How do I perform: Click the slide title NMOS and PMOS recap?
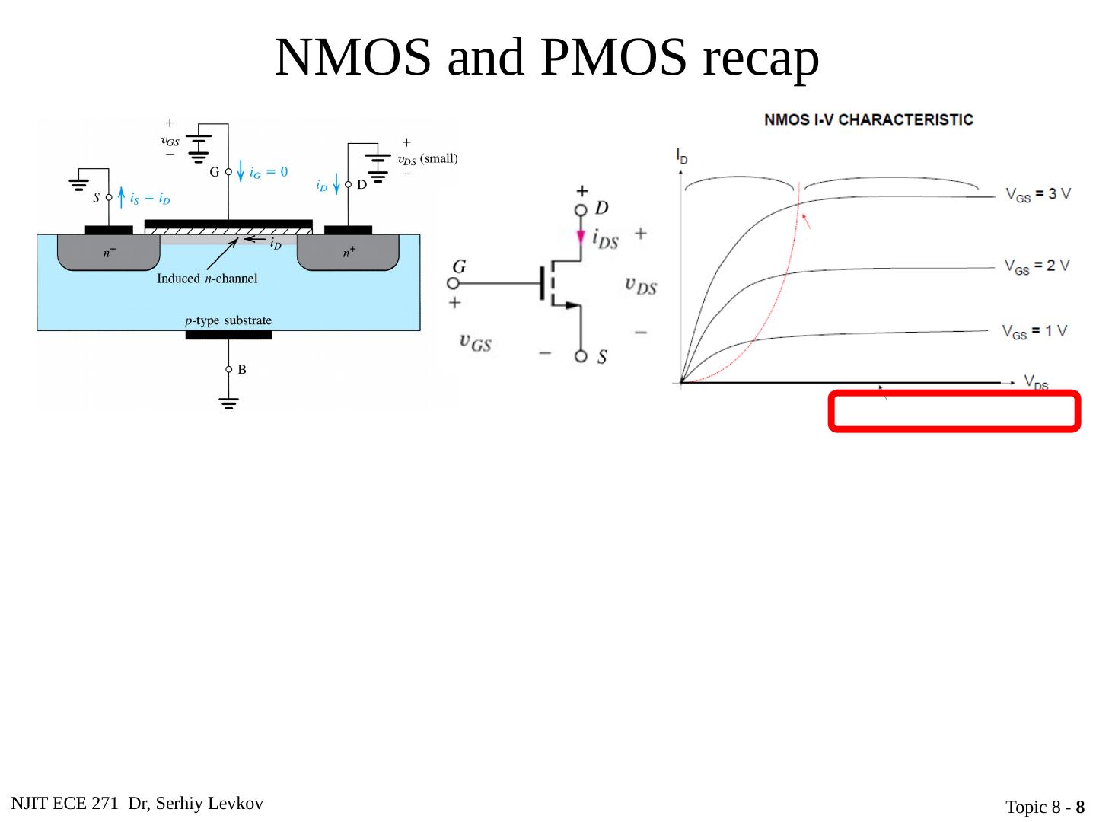[x=546, y=57]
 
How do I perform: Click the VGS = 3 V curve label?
[x=1037, y=194]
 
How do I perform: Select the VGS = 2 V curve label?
[x=1036, y=266]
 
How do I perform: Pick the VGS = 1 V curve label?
[x=1034, y=331]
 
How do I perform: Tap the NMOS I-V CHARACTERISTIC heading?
[x=868, y=119]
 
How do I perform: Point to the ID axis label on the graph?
[x=681, y=157]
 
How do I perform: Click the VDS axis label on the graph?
[x=1036, y=382]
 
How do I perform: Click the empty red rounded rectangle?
[x=954, y=411]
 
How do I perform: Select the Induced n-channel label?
[x=207, y=279]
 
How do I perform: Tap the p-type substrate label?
[x=228, y=320]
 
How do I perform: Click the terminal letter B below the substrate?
[x=242, y=370]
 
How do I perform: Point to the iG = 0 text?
[x=269, y=172]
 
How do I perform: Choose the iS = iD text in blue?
[x=150, y=199]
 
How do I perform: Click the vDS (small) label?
[x=428, y=159]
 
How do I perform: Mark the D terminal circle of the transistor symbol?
[x=581, y=209]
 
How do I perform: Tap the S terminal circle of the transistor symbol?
[x=581, y=355]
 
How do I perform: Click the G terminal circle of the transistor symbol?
[x=453, y=283]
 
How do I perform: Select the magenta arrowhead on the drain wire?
[x=581, y=236]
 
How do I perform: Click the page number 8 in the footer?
[x=1079, y=807]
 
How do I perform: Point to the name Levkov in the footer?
[x=238, y=804]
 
